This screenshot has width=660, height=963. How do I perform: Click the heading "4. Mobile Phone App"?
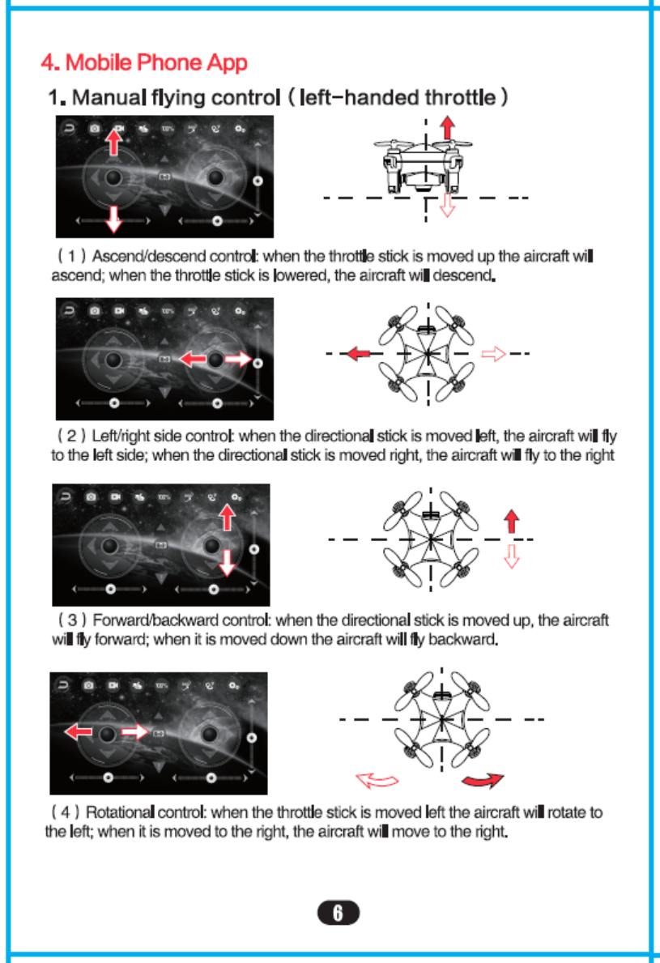(x=144, y=62)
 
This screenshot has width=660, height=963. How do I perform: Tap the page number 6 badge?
(x=339, y=913)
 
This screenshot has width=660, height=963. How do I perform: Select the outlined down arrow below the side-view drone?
(x=446, y=208)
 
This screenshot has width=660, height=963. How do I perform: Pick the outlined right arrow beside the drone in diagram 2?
(x=493, y=354)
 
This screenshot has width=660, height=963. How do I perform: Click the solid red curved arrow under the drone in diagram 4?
(x=482, y=780)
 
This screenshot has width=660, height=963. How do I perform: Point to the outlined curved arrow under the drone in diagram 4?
(x=378, y=780)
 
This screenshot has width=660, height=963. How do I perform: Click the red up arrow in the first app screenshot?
(x=114, y=143)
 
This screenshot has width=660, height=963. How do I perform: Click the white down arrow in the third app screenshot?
(x=228, y=561)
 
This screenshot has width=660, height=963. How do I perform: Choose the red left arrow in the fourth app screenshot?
(x=79, y=732)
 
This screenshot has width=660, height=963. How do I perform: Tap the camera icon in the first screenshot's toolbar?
(x=95, y=129)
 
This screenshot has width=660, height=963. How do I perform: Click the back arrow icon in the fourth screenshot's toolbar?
(x=65, y=685)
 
